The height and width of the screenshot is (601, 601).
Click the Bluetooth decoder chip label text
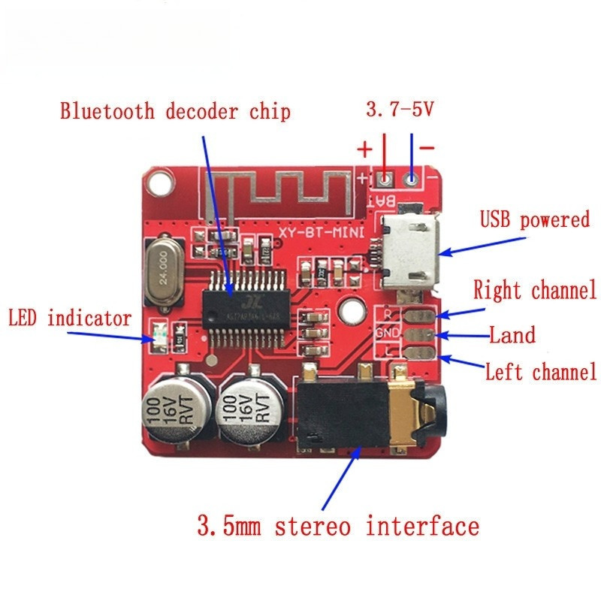pos(175,112)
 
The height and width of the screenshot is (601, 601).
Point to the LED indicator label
pos(69,319)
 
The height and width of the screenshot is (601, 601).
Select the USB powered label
pos(535,220)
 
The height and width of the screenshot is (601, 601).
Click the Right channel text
pos(534,289)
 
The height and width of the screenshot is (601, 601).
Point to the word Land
pos(512,334)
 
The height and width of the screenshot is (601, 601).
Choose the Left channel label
pos(541,371)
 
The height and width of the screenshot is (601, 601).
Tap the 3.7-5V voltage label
pos(400,110)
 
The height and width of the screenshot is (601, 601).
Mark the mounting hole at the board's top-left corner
pos(159,180)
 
